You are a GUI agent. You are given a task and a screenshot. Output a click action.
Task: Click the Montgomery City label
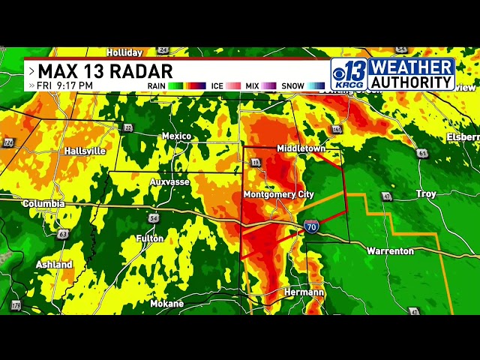[x=278, y=194]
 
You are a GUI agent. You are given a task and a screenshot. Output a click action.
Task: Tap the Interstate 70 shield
[x=311, y=226]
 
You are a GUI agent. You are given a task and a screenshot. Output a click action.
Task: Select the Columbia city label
[x=43, y=203]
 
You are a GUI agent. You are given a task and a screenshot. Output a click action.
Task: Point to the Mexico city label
[x=176, y=136]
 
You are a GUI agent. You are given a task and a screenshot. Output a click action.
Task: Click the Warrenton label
[x=389, y=251]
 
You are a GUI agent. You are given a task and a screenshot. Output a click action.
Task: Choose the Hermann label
[x=304, y=292]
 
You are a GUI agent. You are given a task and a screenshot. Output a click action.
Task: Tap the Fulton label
[x=149, y=238]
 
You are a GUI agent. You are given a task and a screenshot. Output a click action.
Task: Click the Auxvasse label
[x=169, y=181]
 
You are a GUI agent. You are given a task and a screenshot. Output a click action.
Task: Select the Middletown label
[x=301, y=148]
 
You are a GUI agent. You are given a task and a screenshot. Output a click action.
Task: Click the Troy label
[x=425, y=194]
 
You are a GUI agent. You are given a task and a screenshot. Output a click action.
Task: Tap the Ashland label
[x=54, y=265]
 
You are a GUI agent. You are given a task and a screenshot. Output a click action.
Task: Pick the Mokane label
[x=166, y=304]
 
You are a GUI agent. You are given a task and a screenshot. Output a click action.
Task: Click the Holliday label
[x=124, y=52]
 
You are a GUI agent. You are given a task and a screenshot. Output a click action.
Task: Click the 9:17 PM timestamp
[x=75, y=86]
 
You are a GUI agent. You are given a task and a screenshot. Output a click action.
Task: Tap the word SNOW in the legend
[x=292, y=86]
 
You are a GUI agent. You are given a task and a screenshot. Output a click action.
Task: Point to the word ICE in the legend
[x=217, y=86]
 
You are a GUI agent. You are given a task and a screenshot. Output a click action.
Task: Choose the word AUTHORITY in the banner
[x=412, y=81]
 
